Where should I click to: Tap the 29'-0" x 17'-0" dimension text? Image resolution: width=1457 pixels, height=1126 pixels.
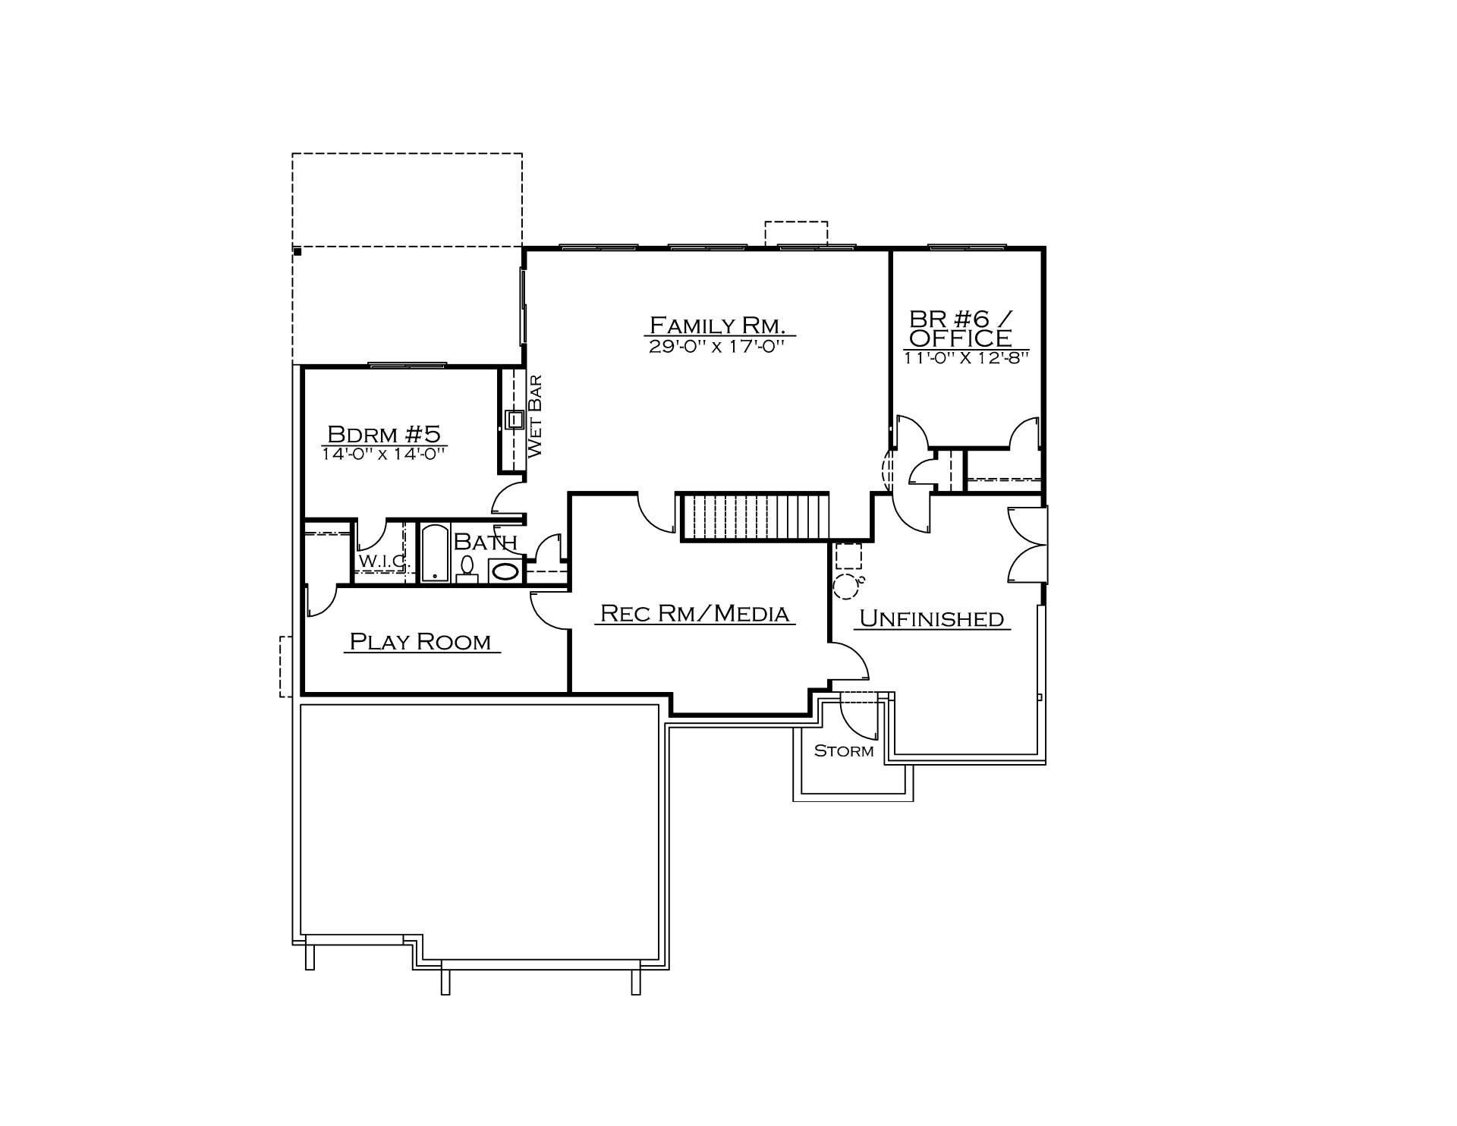pyautogui.click(x=716, y=347)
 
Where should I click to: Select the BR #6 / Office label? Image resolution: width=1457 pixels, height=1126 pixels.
pyautogui.click(x=962, y=328)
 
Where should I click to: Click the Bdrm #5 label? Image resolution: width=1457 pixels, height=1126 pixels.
pyautogui.click(x=383, y=434)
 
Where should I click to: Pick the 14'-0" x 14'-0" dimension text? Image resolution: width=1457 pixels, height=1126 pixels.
pyautogui.click(x=382, y=454)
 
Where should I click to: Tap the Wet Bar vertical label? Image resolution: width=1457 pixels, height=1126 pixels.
pyautogui.click(x=534, y=416)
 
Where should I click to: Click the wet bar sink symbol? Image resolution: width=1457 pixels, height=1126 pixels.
pyautogui.click(x=515, y=420)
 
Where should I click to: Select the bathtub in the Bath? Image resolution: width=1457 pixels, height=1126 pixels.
pyautogui.click(x=435, y=552)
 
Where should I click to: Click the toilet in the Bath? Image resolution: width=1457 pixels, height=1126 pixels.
pyautogui.click(x=467, y=569)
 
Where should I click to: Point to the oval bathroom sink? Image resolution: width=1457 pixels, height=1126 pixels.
pyautogui.click(x=505, y=571)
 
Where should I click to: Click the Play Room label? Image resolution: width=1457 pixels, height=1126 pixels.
pyautogui.click(x=420, y=642)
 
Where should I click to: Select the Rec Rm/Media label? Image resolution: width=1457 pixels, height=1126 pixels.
pyautogui.click(x=694, y=613)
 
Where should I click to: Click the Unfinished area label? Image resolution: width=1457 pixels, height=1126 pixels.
pyautogui.click(x=931, y=618)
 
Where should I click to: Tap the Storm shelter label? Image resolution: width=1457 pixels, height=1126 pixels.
pyautogui.click(x=844, y=751)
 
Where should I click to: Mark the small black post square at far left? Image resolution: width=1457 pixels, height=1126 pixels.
pyautogui.click(x=297, y=251)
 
